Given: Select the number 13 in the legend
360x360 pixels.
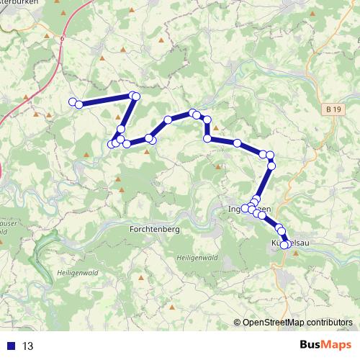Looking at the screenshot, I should tap(27, 346).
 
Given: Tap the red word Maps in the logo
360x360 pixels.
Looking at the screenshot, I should tap(336, 346).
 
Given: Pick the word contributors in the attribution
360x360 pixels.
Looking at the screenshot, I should tap(328, 323).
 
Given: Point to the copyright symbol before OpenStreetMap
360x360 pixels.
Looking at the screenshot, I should tap(237, 323).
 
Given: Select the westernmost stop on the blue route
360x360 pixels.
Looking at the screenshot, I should tap(72, 102).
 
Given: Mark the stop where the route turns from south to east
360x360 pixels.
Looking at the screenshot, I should tap(207, 138).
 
